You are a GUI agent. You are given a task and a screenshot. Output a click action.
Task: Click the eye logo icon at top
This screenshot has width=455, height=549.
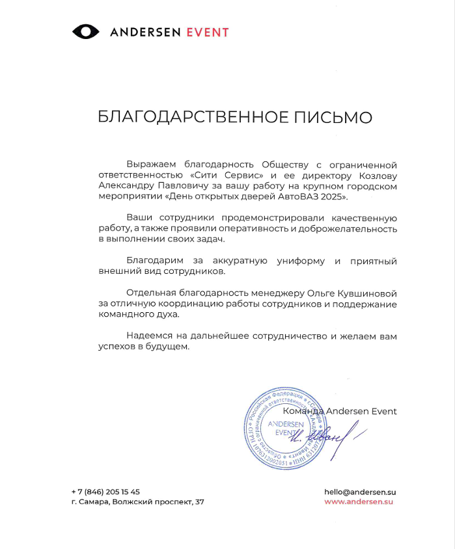point(85,31)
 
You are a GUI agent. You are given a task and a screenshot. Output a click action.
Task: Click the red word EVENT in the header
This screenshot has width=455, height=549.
point(208,32)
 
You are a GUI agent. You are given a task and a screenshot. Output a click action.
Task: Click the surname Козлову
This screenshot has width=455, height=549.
point(378,175)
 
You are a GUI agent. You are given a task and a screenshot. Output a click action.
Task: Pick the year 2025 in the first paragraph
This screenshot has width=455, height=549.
point(334,196)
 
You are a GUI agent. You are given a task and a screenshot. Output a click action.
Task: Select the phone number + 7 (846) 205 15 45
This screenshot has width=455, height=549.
point(105,492)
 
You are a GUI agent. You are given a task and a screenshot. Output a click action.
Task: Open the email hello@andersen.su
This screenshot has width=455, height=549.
point(360,492)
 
